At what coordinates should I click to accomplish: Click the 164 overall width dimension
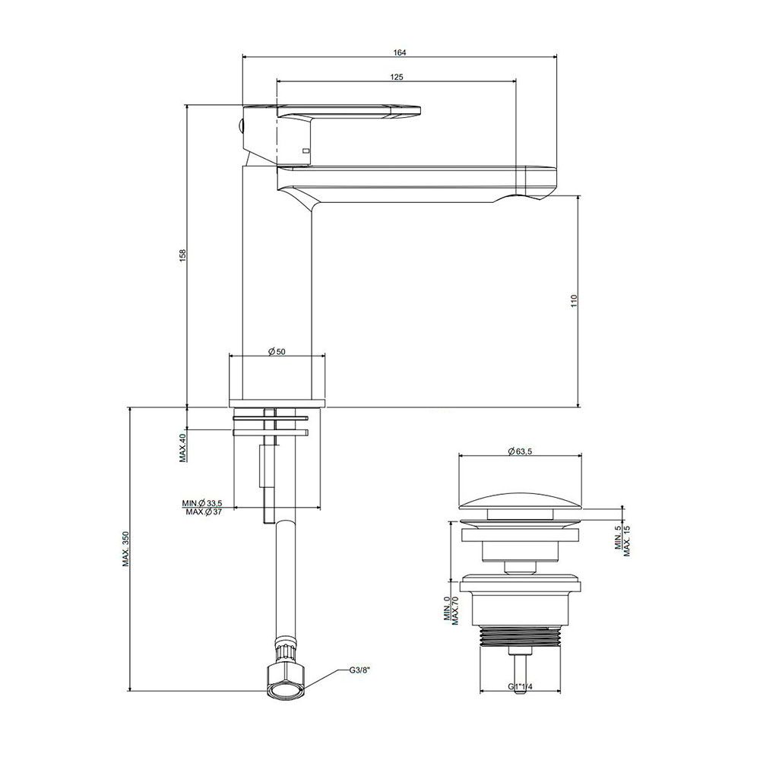pos(400,52)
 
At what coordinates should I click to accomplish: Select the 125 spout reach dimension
pos(396,77)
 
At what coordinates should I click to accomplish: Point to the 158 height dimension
pos(182,255)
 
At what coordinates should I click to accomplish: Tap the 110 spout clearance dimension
pos(575,302)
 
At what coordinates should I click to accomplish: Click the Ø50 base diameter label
pos(277,351)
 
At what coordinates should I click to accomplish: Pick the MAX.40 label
pos(182,448)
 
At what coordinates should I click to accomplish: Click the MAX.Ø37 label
pos(203,511)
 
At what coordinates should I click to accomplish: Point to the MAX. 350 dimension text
pos(125,546)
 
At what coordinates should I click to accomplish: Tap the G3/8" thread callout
pos(359,670)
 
